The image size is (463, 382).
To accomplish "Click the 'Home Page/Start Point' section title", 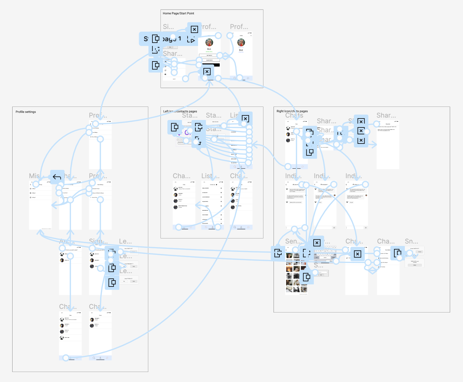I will coord(178,13).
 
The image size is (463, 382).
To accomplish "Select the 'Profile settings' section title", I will coord(26,112).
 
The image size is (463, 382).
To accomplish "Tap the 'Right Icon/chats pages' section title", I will coord(292,111).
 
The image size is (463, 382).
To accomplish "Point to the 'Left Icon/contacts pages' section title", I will coord(180,111).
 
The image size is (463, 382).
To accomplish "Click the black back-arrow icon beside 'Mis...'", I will coord(57,177).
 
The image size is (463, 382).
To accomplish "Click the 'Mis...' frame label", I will coord(34,176).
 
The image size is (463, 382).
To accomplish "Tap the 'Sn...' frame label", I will coord(411,241).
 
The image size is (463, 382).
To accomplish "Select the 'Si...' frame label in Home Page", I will coord(168,27).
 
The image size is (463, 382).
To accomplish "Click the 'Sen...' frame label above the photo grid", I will coord(291,241).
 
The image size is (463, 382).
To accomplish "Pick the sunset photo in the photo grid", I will coord(289,269).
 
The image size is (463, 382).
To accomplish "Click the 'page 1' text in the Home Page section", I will coord(172,39).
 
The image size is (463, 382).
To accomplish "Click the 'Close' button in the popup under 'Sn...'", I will coord(414,265).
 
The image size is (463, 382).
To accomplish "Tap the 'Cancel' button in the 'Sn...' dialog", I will coord(419,252).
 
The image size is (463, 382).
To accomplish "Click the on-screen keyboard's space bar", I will coord(325,258).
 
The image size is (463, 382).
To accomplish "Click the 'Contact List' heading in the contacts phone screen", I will coord(212,185).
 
